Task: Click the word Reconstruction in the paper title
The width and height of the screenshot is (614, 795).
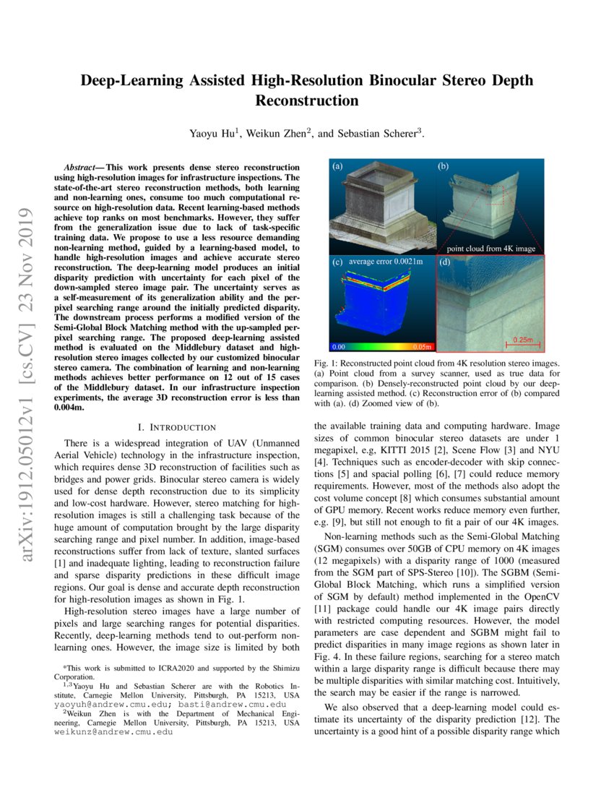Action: pyautogui.click(x=307, y=100)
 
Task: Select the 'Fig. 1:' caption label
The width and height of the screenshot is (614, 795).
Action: pyautogui.click(x=327, y=362)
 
